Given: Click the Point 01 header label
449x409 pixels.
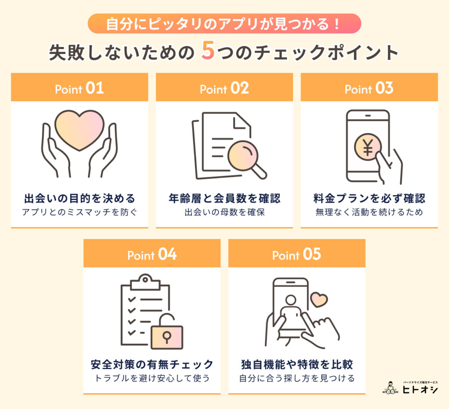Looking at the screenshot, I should [79, 89].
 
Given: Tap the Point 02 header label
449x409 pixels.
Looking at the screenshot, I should [224, 89].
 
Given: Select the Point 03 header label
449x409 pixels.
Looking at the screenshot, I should [369, 89].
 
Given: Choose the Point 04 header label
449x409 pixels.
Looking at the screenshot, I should [152, 255].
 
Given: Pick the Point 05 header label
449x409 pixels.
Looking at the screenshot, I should [296, 255].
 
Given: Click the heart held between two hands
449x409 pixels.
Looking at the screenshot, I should [80, 130].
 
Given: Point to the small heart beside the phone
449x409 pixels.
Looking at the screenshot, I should [319, 300].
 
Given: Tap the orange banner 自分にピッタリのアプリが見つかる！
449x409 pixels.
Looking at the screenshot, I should [224, 24].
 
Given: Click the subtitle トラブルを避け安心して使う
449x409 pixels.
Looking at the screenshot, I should [152, 378].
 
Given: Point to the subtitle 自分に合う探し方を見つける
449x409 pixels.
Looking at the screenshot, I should [296, 378].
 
